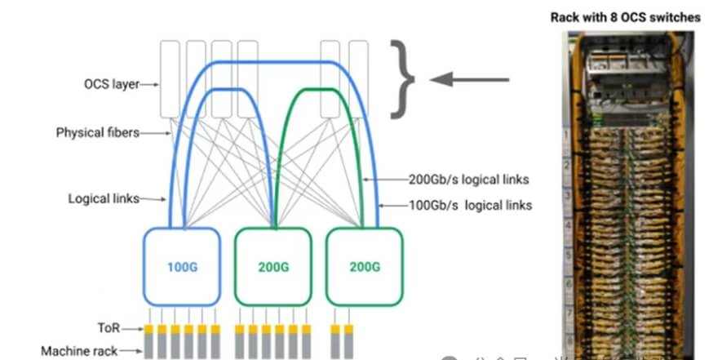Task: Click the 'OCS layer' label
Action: [x=111, y=83]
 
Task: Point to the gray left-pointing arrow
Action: [x=469, y=79]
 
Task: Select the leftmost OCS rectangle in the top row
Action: [x=171, y=78]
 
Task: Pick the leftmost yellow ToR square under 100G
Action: [x=149, y=329]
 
